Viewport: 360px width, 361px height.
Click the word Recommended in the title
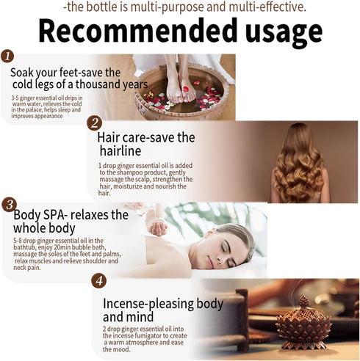[138, 30]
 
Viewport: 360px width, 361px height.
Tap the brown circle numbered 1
[7, 56]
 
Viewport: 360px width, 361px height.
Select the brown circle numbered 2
[94, 123]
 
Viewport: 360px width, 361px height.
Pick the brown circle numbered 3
[10, 205]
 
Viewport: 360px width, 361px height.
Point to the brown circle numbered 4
[99, 281]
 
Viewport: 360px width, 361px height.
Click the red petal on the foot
[185, 89]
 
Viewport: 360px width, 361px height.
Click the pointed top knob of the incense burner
[303, 301]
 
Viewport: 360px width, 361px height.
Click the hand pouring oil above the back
[158, 227]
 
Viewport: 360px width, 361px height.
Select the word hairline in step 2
[120, 150]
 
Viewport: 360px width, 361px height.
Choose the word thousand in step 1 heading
[98, 84]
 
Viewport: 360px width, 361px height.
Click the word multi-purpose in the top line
[168, 7]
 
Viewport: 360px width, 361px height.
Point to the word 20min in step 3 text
[68, 247]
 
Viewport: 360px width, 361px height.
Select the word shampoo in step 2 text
[130, 172]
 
